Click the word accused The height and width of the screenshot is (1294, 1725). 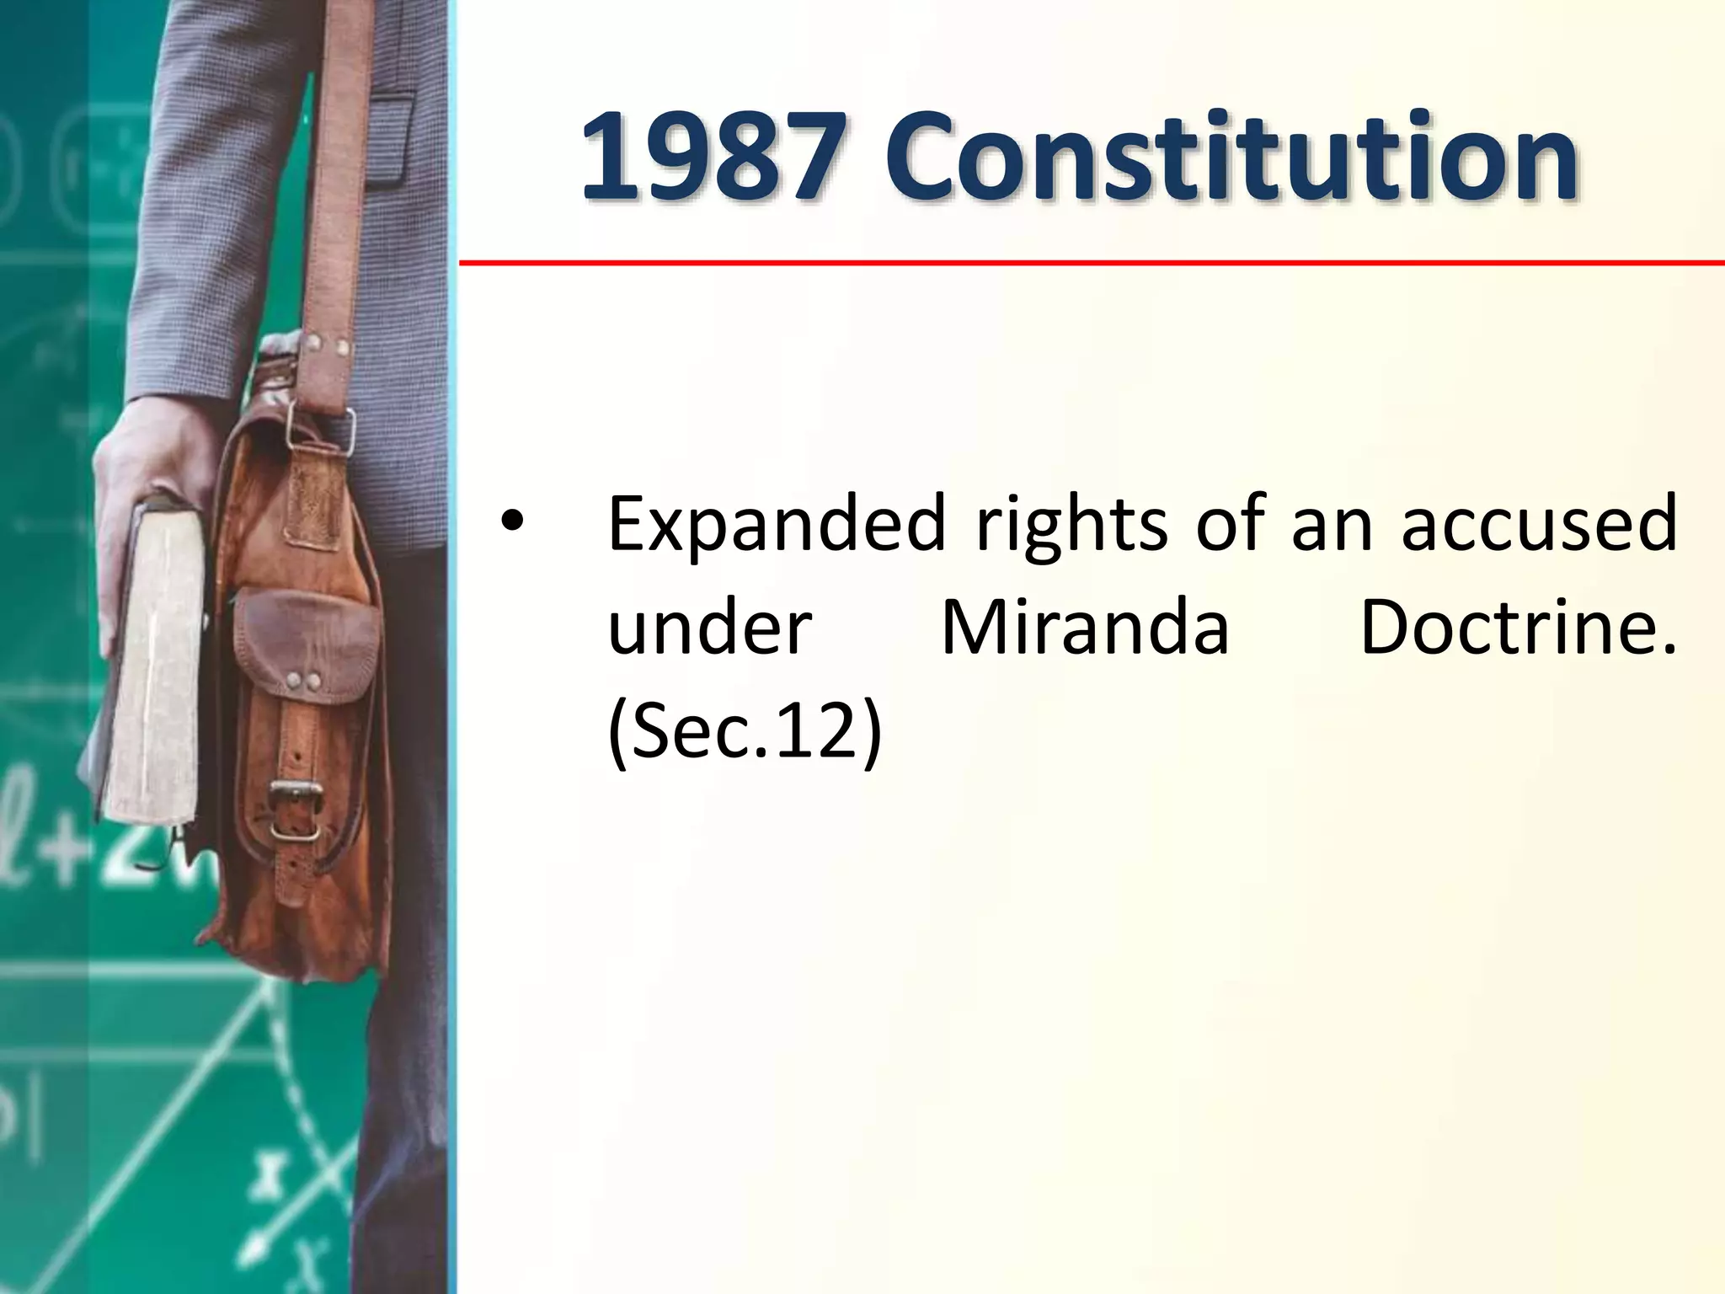pyautogui.click(x=1539, y=524)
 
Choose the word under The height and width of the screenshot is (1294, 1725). pyautogui.click(x=709, y=628)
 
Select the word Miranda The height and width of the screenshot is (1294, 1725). pyautogui.click(x=1085, y=628)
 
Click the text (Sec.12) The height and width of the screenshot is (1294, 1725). pyautogui.click(x=745, y=730)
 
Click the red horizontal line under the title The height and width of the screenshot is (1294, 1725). pyautogui.click(x=1091, y=263)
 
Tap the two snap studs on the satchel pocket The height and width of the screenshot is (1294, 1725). pyautogui.click(x=302, y=681)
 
